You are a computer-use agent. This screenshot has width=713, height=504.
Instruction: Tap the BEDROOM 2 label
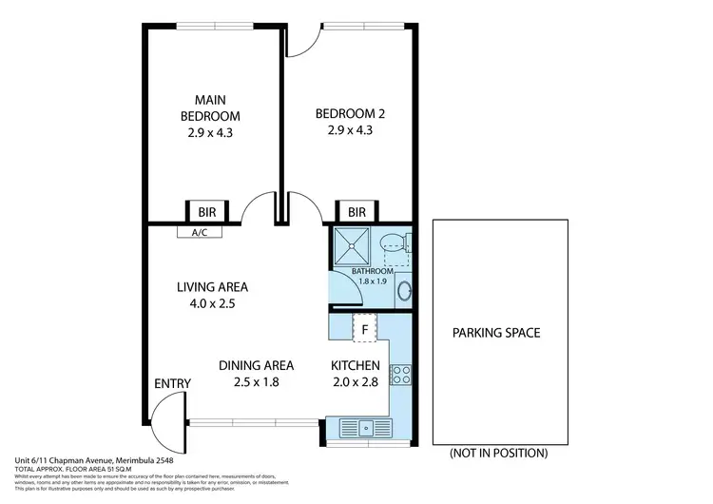pyautogui.click(x=350, y=114)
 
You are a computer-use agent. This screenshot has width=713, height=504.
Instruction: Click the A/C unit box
pyautogui.click(x=201, y=231)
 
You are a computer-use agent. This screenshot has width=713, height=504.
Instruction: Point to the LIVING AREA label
pyautogui.click(x=212, y=286)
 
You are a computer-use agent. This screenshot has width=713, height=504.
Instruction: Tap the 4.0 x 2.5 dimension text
pyautogui.click(x=212, y=304)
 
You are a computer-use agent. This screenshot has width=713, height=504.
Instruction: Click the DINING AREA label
pyautogui.click(x=256, y=365)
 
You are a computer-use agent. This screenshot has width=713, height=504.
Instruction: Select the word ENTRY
pyautogui.click(x=172, y=383)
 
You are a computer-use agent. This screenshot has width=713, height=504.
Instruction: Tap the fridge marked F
pyautogui.click(x=365, y=329)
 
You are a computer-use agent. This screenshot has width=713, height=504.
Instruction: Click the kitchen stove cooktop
pyautogui.click(x=402, y=374)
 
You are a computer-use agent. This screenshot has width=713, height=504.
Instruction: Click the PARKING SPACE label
pyautogui.click(x=495, y=333)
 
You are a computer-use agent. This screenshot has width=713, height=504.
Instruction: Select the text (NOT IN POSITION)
pyautogui.click(x=498, y=453)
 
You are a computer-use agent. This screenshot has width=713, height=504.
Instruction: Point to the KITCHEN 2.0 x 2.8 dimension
pyautogui.click(x=356, y=383)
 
